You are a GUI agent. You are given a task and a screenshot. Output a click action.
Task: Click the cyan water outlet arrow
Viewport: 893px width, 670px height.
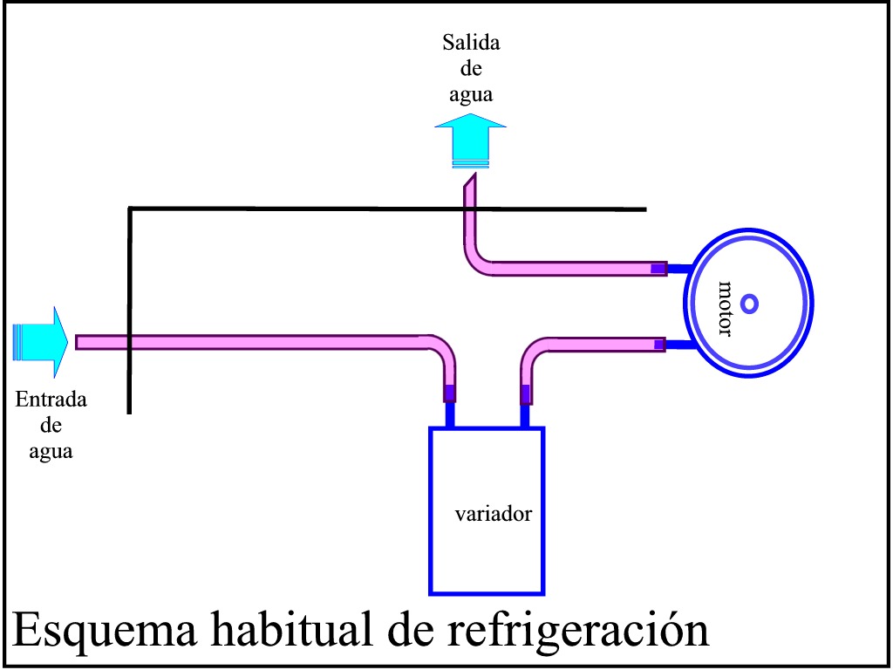471,140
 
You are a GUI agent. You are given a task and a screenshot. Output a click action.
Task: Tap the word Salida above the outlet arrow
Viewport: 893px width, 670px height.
471,43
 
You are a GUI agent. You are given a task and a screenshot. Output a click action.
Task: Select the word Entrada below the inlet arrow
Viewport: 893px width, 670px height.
51,401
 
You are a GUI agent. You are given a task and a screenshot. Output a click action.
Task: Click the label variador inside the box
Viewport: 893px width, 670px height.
494,514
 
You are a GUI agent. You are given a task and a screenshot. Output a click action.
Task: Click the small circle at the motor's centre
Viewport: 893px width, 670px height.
749,304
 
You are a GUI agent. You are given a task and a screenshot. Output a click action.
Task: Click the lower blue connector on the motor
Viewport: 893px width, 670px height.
678,345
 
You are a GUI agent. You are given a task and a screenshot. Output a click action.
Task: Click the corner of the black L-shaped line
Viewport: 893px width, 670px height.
130,209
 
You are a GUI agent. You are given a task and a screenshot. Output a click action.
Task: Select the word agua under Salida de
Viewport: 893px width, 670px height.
471,93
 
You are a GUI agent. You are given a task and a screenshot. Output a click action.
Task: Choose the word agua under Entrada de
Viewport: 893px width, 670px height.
51,451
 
